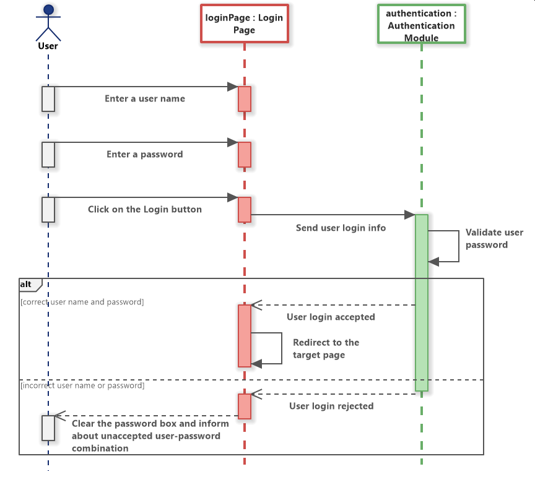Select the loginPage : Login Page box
point(245,24)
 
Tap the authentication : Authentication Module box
point(421,25)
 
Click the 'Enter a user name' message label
point(145,98)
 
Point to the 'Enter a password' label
point(145,154)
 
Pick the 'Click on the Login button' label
point(145,209)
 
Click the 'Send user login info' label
point(341,228)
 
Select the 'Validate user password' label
point(494,239)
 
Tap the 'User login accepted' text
point(331,317)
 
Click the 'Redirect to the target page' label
point(326,349)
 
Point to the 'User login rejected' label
point(331,406)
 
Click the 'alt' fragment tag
point(28,284)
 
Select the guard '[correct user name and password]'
point(82,302)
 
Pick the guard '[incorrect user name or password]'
point(82,385)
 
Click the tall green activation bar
point(421,303)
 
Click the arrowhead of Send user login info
point(409,215)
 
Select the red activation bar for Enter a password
point(245,155)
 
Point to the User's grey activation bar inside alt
point(48,428)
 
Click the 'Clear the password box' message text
point(150,436)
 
